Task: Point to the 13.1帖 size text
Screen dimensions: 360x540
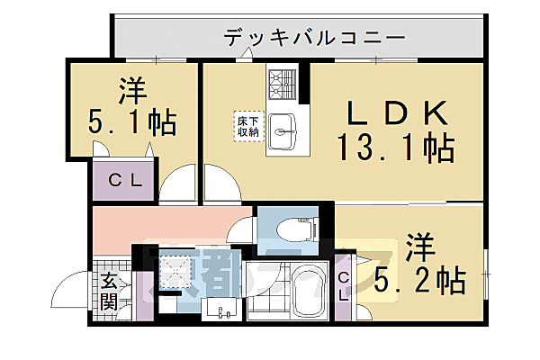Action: (394, 146)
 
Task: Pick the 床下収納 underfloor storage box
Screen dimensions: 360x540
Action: (247, 126)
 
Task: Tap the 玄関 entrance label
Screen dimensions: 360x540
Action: (109, 290)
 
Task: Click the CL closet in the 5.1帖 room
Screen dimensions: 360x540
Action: (124, 179)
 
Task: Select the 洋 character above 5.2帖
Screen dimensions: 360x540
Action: (418, 245)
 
